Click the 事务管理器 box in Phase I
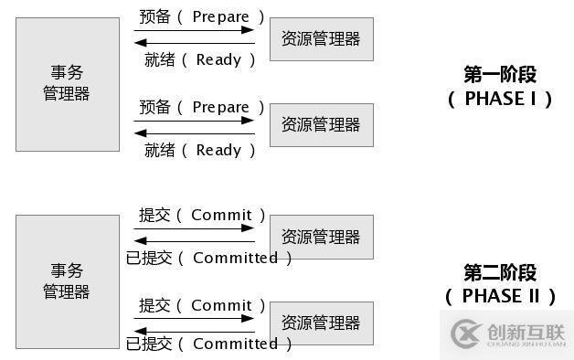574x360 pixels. pyautogui.click(x=67, y=83)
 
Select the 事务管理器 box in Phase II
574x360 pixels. pyautogui.click(x=67, y=281)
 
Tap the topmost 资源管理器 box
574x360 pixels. pyautogui.click(x=321, y=38)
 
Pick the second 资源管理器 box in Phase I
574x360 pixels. pyautogui.click(x=321, y=124)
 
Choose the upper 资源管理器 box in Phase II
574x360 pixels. pyautogui.click(x=321, y=237)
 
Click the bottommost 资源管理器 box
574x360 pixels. pyautogui.click(x=321, y=323)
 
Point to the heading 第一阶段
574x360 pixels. pyautogui.click(x=500, y=74)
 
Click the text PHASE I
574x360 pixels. pyautogui.click(x=500, y=99)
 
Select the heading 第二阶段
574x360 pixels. pyautogui.click(x=500, y=271)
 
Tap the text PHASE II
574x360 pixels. pyautogui.click(x=500, y=296)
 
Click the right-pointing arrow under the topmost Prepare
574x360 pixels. pyautogui.click(x=194, y=30)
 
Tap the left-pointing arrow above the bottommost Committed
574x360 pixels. pyautogui.click(x=194, y=329)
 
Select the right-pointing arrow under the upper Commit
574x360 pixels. pyautogui.click(x=194, y=228)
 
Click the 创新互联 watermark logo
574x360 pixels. pyautogui.click(x=505, y=334)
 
